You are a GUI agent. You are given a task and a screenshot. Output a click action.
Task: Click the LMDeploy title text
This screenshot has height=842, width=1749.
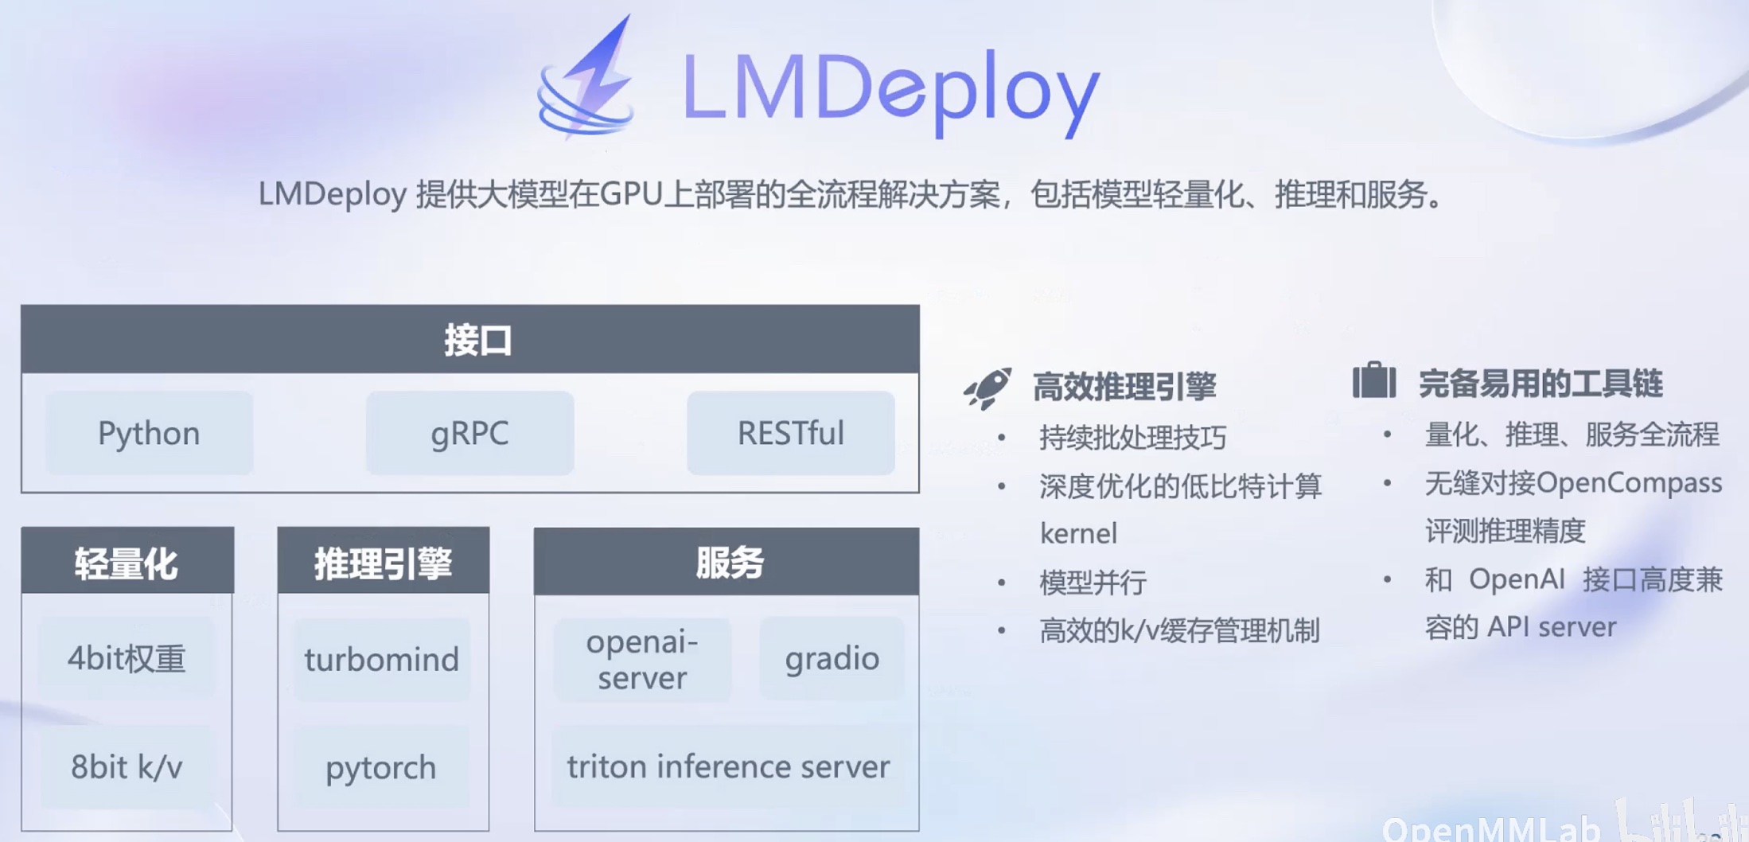tap(890, 89)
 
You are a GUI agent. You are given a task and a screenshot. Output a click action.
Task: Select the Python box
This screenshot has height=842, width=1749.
tap(149, 434)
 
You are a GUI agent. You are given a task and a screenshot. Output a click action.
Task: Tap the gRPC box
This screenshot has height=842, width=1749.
tap(469, 434)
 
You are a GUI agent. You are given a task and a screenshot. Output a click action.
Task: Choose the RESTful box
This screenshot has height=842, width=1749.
tap(790, 434)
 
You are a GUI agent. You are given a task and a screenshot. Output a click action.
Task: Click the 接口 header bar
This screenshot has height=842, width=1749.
tap(469, 340)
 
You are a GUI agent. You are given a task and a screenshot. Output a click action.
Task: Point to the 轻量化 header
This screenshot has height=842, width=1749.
tap(127, 562)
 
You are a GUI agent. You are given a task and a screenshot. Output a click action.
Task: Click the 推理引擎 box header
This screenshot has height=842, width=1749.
tap(383, 562)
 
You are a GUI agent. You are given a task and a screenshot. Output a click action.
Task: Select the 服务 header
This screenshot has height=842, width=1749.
tap(726, 562)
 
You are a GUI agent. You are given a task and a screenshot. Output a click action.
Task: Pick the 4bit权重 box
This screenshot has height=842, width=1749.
tap(127, 659)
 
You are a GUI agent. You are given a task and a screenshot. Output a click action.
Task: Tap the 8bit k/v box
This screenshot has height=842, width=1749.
tap(127, 767)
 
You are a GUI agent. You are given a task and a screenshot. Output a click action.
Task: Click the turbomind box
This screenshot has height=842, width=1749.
tap(382, 660)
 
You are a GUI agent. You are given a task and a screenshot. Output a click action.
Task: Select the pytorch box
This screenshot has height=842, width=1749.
tap(381, 768)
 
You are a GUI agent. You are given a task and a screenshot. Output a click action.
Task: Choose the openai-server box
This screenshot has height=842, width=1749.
tap(642, 660)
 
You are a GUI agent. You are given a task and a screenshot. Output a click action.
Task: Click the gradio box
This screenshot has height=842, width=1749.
tap(832, 659)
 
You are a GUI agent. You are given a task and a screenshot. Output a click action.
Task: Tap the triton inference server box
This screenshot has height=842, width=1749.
tap(727, 767)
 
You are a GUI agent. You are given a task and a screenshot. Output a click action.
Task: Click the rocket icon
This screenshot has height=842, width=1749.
tap(987, 388)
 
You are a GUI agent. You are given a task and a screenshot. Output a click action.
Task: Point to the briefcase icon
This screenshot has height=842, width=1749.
tap(1374, 381)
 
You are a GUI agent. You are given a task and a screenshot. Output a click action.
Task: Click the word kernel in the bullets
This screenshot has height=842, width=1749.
tap(1078, 533)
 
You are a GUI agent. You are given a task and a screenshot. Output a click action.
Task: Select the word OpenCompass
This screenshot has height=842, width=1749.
tap(1629, 483)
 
